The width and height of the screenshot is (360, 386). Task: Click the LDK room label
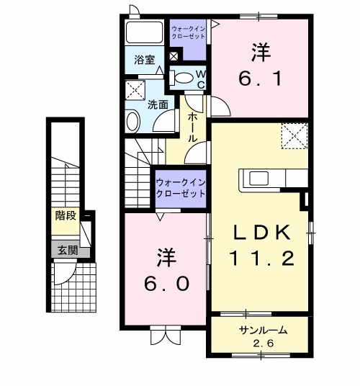coord(261,233)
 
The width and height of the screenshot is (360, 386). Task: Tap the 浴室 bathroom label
coord(145,60)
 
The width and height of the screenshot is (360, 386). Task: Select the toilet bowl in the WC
coord(182,78)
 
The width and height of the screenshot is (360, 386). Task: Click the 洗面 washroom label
coord(158,105)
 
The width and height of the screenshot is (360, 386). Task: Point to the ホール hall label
coord(193,127)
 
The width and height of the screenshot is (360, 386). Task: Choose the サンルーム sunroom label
coord(263,330)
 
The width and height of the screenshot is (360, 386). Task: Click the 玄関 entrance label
coord(68,251)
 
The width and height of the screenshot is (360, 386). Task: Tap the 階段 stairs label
coord(66,215)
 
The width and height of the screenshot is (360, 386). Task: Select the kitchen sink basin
coord(258,178)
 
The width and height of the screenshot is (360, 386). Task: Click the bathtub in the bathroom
coord(144,32)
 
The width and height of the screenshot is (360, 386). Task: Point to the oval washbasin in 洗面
coord(133,122)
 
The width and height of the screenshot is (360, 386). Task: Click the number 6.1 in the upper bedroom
coord(260,79)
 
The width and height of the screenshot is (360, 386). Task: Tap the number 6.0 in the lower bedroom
coord(166,283)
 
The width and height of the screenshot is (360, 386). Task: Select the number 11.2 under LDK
coord(261,259)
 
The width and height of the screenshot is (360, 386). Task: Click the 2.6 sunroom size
coord(263,343)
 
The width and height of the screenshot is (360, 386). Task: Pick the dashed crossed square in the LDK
coord(294,136)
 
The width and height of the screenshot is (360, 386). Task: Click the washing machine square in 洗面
coord(135,90)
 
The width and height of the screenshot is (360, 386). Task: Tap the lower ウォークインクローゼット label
coord(181,188)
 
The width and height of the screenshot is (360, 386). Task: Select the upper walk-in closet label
coord(188,32)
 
